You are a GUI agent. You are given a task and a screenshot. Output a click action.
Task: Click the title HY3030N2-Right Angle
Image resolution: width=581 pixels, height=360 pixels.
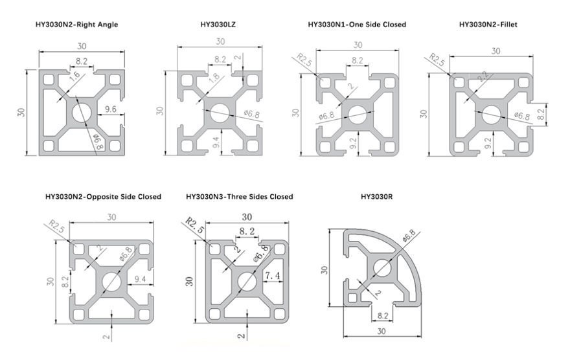[x=76, y=25]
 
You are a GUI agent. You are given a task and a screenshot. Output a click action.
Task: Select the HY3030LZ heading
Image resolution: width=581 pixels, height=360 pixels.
[x=218, y=25]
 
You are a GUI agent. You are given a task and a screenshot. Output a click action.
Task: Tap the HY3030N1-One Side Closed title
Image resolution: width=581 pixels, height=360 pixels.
[x=357, y=25]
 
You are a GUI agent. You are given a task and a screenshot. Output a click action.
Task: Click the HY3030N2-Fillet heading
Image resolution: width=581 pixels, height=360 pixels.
[x=488, y=25]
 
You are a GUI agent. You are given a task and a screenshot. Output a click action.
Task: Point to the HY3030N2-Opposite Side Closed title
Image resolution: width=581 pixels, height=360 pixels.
[x=103, y=197]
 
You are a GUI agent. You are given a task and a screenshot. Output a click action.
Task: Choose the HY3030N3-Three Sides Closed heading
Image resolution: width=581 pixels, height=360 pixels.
[x=240, y=197]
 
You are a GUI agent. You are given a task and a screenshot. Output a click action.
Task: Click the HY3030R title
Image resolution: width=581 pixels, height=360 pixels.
[x=376, y=197]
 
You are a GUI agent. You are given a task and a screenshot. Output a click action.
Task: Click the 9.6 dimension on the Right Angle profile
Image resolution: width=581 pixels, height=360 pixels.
[x=110, y=109]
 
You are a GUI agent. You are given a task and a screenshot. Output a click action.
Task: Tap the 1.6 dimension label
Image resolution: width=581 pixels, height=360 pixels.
[x=74, y=76]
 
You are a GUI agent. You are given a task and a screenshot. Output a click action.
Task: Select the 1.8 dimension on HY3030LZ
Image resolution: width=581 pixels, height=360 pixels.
[x=214, y=78]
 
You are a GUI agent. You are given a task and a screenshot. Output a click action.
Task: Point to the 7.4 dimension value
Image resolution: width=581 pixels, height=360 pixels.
[x=272, y=275]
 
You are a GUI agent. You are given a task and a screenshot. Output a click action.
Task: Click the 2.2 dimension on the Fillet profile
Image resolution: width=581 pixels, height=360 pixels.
[x=483, y=76]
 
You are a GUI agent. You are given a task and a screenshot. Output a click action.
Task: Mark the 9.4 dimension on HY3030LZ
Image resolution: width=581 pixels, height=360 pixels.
[x=216, y=142]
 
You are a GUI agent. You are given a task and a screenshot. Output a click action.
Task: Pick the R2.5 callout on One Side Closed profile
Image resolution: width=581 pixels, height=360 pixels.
[x=304, y=60]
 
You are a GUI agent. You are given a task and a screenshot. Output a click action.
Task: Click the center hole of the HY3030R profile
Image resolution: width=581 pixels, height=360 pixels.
[x=382, y=268]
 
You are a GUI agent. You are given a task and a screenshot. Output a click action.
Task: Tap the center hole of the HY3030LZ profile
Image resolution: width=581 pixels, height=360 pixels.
[x=220, y=113]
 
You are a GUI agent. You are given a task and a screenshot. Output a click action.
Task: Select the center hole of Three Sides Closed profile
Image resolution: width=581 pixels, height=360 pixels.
[x=247, y=282]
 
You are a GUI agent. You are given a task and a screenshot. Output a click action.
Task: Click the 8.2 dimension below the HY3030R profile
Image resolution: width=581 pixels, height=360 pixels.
[x=383, y=315]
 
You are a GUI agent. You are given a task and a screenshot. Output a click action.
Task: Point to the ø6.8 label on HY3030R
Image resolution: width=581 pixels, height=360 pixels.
[x=409, y=236]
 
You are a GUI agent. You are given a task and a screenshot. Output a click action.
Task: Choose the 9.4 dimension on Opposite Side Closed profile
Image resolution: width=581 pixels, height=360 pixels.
[x=140, y=279]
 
